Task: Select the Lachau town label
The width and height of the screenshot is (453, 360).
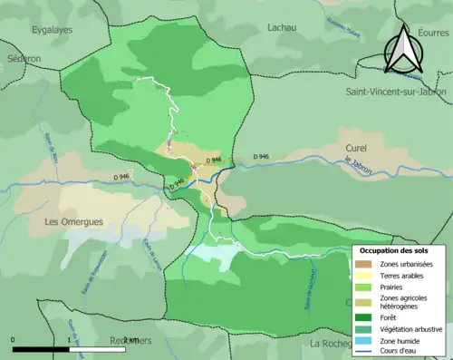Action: (x=282, y=27)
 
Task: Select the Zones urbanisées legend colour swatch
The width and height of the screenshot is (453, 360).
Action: (x=364, y=263)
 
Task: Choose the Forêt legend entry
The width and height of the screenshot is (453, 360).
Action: (x=390, y=317)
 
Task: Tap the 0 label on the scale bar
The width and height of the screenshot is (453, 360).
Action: (x=13, y=340)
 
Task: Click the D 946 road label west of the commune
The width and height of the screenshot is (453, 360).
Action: (x=121, y=176)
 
